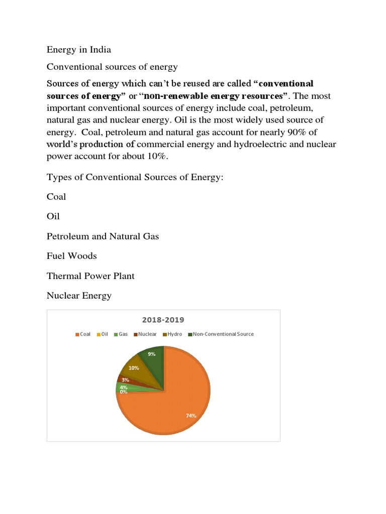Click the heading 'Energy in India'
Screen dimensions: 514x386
point(79,50)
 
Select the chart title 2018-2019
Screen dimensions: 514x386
point(163,320)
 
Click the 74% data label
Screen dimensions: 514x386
point(190,416)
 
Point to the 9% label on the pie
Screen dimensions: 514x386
point(151,354)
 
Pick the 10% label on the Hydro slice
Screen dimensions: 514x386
point(134,368)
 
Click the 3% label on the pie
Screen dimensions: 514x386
point(125,380)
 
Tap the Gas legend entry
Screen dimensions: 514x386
point(121,334)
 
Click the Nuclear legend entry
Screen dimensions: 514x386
point(145,334)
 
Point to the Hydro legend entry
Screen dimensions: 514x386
point(172,334)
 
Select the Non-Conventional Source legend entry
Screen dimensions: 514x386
point(221,334)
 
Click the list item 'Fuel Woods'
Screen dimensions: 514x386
point(72,256)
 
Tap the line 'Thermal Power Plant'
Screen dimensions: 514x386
point(90,276)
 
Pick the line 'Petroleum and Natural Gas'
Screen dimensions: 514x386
point(103,236)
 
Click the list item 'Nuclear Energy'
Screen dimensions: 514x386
point(79,296)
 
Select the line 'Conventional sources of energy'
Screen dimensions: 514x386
point(112,67)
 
